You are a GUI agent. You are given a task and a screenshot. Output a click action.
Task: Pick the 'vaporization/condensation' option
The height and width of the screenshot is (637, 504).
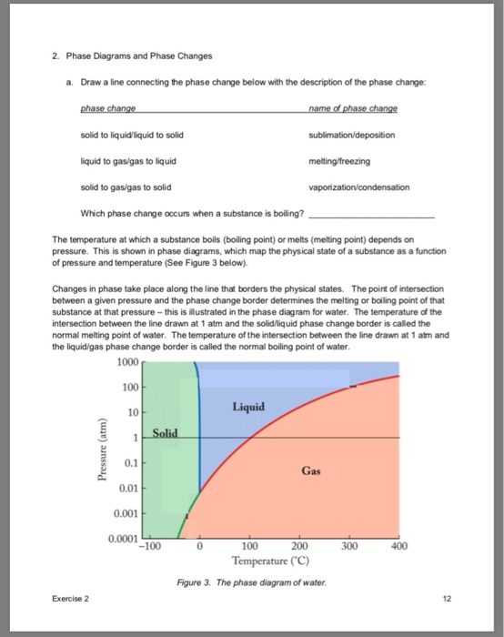click(359, 187)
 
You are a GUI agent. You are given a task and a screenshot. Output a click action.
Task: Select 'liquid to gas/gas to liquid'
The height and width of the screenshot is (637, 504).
click(128, 160)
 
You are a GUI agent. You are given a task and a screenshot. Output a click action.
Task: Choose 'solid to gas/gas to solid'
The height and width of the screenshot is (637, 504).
click(126, 187)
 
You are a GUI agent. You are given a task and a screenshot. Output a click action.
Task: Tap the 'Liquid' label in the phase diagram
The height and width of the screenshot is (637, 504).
click(248, 406)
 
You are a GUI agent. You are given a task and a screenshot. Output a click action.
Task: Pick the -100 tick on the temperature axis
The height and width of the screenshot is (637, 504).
click(148, 548)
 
